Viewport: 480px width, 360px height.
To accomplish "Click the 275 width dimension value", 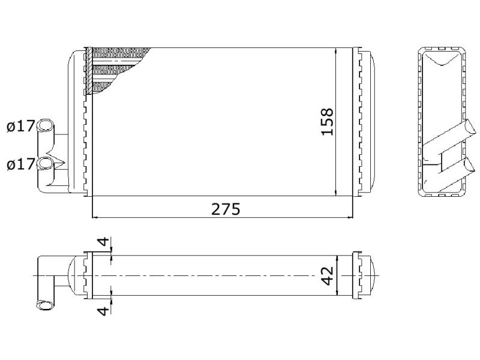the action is (x=226, y=209).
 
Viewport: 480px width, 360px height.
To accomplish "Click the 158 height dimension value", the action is (x=327, y=122).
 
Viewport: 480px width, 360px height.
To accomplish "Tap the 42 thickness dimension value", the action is (x=327, y=276).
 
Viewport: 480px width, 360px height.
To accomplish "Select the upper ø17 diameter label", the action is (x=20, y=126).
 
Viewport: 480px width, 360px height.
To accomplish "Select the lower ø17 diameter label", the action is (x=20, y=164).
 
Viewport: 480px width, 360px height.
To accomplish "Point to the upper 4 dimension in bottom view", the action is (x=104, y=242).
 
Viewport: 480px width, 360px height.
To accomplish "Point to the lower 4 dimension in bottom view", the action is (x=103, y=311).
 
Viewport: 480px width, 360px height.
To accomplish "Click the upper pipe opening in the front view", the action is (x=44, y=125).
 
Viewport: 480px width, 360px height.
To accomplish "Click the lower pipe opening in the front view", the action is (x=44, y=163).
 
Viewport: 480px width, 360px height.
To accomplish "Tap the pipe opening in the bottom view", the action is (x=44, y=305).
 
